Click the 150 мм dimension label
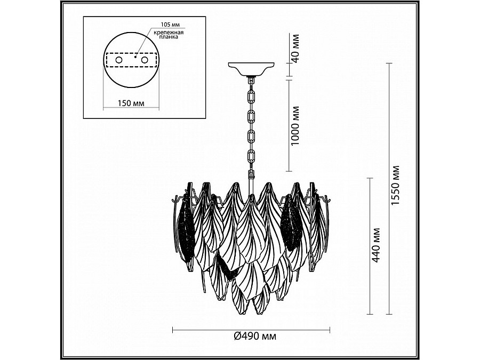point(131,103)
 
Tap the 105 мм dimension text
point(170,25)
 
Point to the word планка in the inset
point(169,37)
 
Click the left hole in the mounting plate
point(118,60)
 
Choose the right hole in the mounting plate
point(145,60)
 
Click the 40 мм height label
point(295,49)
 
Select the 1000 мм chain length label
point(295,126)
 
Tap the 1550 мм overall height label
point(396,186)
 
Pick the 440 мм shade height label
point(376,245)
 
